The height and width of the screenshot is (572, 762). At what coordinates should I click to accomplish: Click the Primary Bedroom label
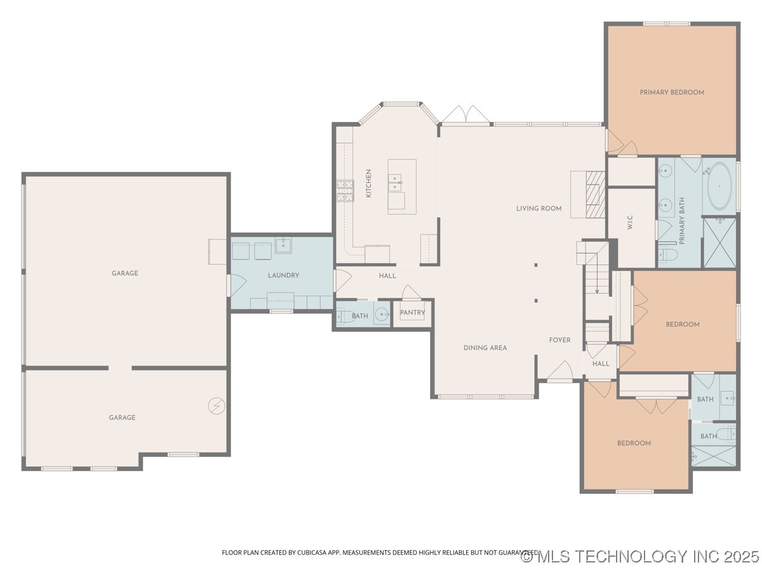click(x=672, y=92)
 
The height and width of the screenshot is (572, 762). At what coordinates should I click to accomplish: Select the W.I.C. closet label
click(x=630, y=222)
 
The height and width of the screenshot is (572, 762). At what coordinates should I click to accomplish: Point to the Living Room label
click(x=538, y=208)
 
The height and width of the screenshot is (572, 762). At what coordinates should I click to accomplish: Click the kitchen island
click(x=402, y=186)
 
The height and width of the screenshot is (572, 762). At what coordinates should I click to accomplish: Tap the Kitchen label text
click(x=368, y=183)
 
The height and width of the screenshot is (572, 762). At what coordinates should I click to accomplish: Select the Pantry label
click(x=413, y=313)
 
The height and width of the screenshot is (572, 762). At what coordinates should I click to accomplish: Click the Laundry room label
click(x=283, y=275)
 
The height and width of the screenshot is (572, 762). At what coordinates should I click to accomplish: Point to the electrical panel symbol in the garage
click(x=216, y=405)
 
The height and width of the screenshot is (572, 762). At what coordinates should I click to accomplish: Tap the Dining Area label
click(x=485, y=348)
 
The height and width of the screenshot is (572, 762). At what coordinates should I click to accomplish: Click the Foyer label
click(x=559, y=340)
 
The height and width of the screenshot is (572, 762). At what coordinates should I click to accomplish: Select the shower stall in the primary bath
click(x=719, y=243)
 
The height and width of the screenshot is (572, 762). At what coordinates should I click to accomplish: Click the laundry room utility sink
click(x=283, y=245)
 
